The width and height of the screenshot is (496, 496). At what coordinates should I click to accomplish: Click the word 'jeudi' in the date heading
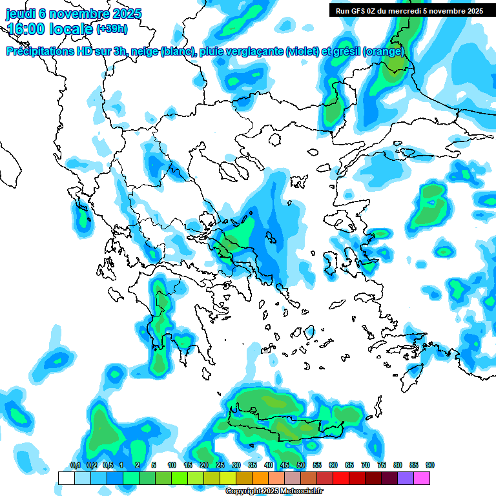(x=21, y=14)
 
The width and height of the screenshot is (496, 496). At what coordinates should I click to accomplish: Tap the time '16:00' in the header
(x=26, y=29)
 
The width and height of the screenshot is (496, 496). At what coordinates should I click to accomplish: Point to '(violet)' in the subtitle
(x=302, y=52)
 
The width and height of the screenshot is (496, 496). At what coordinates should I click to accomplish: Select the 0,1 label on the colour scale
(x=75, y=466)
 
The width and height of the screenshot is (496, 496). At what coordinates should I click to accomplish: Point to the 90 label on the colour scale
(x=430, y=466)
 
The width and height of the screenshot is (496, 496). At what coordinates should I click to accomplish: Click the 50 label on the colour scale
(x=301, y=466)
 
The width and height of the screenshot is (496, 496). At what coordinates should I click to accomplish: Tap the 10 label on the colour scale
(x=172, y=466)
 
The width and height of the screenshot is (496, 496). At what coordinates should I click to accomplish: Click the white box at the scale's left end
(x=67, y=478)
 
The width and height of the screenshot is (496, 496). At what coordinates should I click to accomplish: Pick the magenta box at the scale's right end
(x=422, y=478)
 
